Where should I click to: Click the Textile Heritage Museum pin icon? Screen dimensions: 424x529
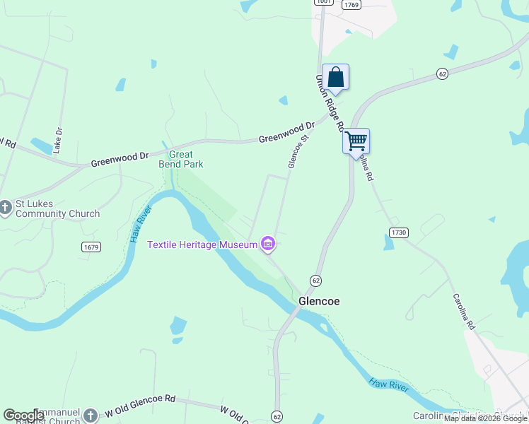267,245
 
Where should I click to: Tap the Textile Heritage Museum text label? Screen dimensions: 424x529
202,245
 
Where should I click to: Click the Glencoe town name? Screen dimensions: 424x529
319,301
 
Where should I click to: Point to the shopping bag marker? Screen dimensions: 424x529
337,77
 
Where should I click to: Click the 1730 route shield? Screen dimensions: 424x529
399,232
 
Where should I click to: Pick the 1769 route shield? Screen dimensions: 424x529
351,5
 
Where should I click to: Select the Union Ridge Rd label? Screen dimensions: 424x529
330,103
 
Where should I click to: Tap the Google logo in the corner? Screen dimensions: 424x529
23,416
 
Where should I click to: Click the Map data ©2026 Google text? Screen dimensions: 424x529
485,418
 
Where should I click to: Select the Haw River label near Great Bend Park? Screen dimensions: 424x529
141,225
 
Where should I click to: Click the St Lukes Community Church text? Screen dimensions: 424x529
57,209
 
